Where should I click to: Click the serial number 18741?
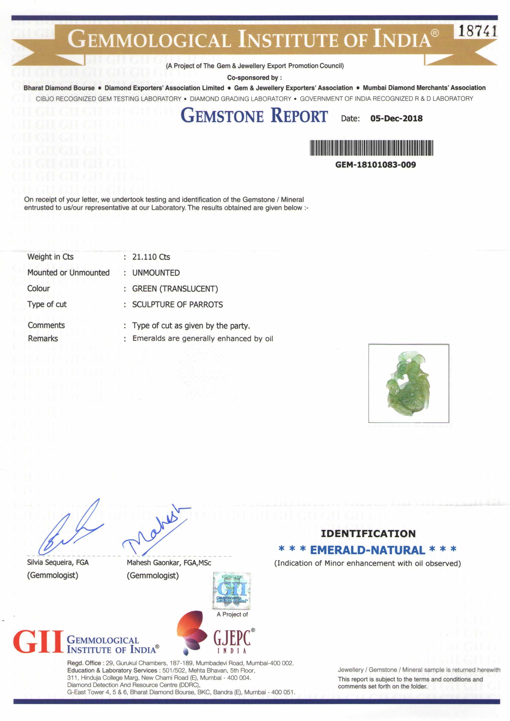pyautogui.click(x=477, y=31)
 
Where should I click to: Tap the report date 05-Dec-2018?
pyautogui.click(x=396, y=118)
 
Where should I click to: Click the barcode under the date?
pyautogui.click(x=372, y=148)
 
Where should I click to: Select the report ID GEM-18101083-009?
pyautogui.click(x=376, y=165)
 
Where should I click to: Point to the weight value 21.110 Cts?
pyautogui.click(x=151, y=257)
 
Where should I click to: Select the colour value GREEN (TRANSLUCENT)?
pyautogui.click(x=175, y=289)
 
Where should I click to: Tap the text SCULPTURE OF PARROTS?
pyautogui.click(x=178, y=304)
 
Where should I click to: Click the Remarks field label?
pyautogui.click(x=43, y=338)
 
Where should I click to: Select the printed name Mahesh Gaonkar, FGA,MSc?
pyautogui.click(x=169, y=563)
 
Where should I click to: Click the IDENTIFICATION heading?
pyautogui.click(x=368, y=533)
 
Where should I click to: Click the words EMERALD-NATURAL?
pyautogui.click(x=367, y=550)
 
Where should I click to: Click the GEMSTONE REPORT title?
pyautogui.click(x=254, y=116)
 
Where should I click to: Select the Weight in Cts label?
pyautogui.click(x=51, y=257)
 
